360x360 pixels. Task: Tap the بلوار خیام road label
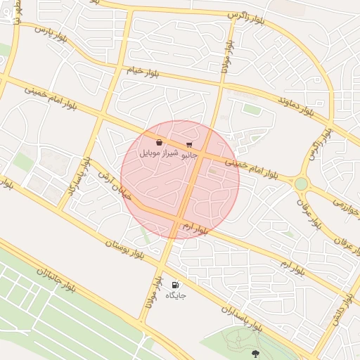(145, 71)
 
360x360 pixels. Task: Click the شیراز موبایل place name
(160, 152)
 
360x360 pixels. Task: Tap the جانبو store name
(190, 153)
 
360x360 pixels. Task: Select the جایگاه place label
(175, 295)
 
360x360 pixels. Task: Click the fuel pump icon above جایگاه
(175, 285)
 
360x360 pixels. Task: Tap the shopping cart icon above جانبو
(189, 144)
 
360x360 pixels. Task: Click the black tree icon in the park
(255, 353)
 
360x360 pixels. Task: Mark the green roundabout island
(301, 184)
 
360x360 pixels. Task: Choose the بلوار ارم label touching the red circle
(196, 228)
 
